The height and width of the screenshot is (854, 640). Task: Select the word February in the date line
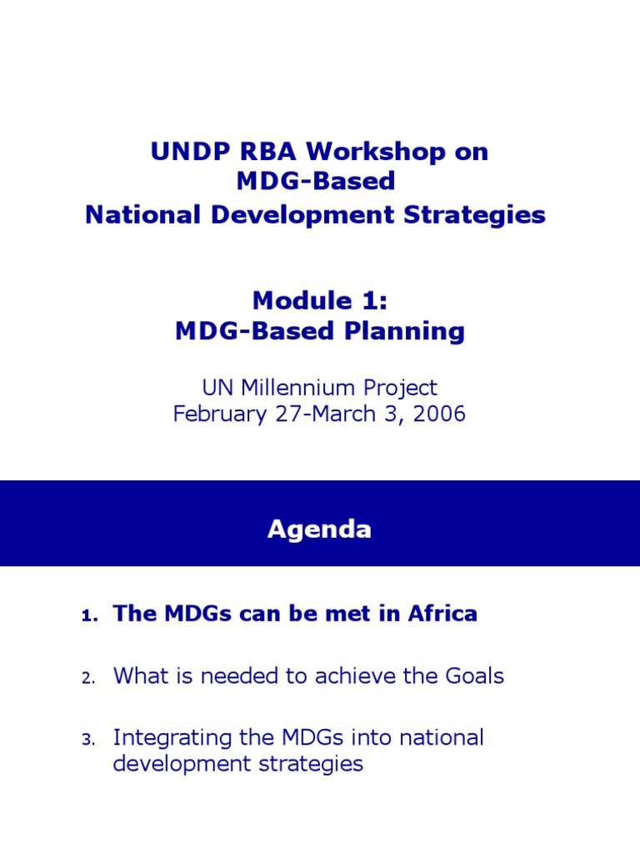218,414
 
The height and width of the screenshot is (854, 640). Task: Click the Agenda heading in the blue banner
319,530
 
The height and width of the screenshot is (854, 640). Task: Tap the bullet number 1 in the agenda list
89,616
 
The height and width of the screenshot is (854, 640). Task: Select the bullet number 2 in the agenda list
89,678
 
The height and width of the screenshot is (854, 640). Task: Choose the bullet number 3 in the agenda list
89,740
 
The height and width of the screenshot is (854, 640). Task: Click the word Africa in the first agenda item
442,614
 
